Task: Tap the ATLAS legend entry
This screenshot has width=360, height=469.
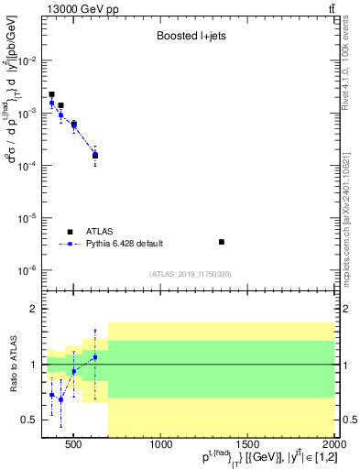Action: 94,232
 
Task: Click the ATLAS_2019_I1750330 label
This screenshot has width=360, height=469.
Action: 190,274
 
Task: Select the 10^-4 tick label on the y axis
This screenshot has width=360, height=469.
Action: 29,166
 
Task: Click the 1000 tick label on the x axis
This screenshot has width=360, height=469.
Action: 161,446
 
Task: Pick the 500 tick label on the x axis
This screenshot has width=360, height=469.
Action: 74,446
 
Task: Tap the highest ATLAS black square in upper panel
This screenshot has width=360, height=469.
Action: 51,94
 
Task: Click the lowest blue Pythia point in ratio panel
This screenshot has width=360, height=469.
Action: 60,399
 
